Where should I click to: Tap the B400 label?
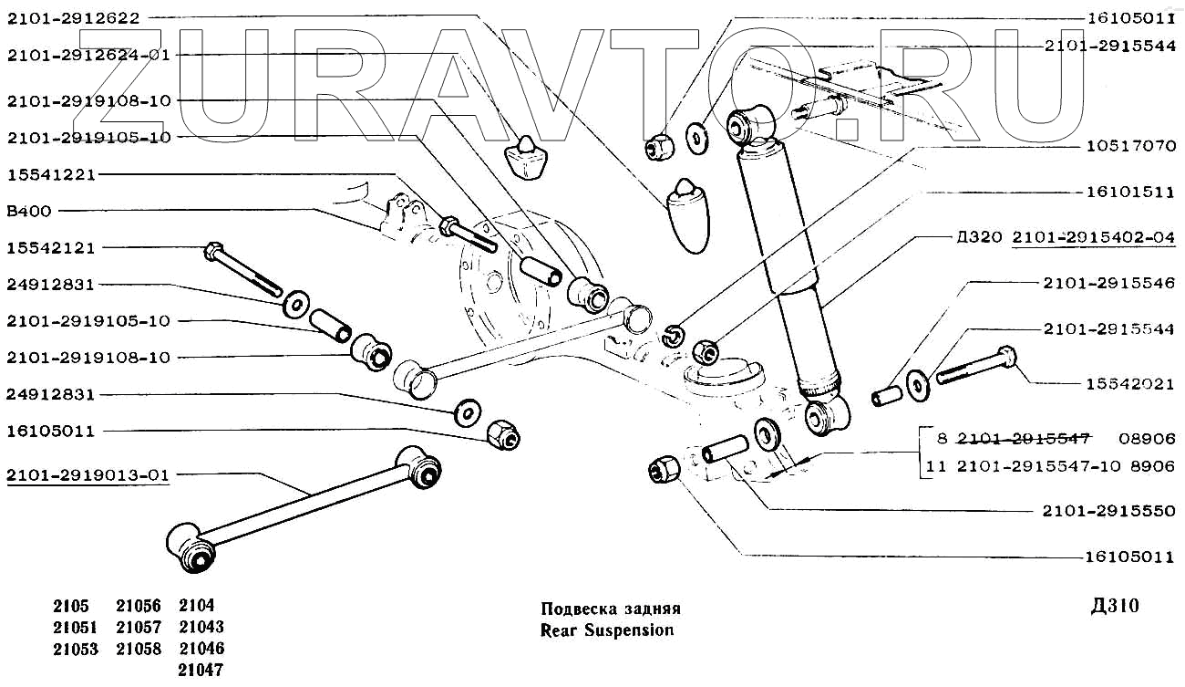point(28,211)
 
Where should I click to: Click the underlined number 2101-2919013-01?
point(88,474)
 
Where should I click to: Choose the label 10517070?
point(1130,145)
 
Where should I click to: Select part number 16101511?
point(1130,192)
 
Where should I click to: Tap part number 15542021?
point(1130,384)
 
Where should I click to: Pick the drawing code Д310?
point(1114,607)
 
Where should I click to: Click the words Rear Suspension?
point(607,630)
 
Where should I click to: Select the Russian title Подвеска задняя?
point(611,609)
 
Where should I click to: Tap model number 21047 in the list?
point(201,670)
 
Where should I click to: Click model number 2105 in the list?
point(71,606)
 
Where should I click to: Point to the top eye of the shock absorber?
point(750,123)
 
